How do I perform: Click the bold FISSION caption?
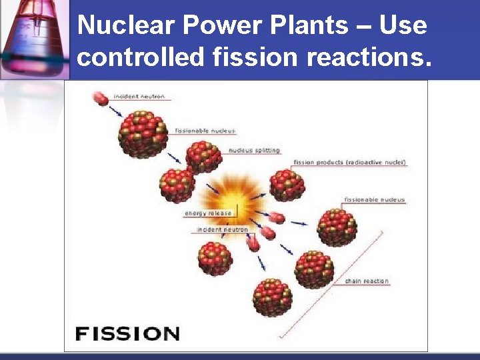tap(127, 333)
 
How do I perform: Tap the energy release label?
tap(208, 213)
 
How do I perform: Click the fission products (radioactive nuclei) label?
tap(349, 163)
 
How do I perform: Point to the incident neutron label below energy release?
tap(223, 230)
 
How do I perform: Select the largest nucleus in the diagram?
tap(142, 133)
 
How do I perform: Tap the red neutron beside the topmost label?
tap(100, 99)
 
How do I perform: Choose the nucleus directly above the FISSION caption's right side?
tap(273, 297)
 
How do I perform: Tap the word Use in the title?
tap(403, 26)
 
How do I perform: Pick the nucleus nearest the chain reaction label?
tap(314, 269)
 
